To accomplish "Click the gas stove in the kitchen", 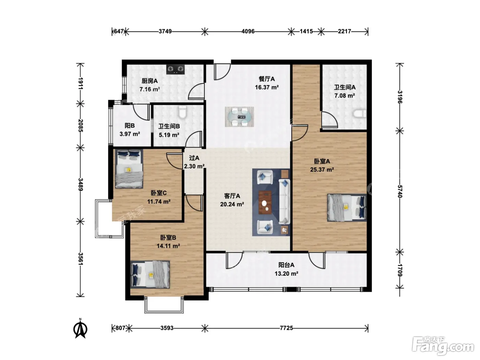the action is (x=175, y=69).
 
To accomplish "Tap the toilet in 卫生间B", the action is (x=182, y=112).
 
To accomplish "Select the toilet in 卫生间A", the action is (x=359, y=114).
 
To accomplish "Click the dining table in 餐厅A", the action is (x=239, y=117).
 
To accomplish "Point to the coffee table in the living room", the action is (x=265, y=202).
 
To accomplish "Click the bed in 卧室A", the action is (x=347, y=207).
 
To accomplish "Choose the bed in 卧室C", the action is (x=129, y=169).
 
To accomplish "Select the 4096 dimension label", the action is (x=248, y=32).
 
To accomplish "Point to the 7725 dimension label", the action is (x=286, y=328).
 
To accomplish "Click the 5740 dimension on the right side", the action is (x=400, y=191).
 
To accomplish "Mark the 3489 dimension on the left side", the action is (x=81, y=184).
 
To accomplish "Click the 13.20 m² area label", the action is (x=287, y=274).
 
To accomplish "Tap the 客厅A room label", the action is (x=232, y=196).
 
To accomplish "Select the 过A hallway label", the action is (x=194, y=158).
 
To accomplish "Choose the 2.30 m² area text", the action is (x=194, y=166).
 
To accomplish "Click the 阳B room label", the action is (x=130, y=126).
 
